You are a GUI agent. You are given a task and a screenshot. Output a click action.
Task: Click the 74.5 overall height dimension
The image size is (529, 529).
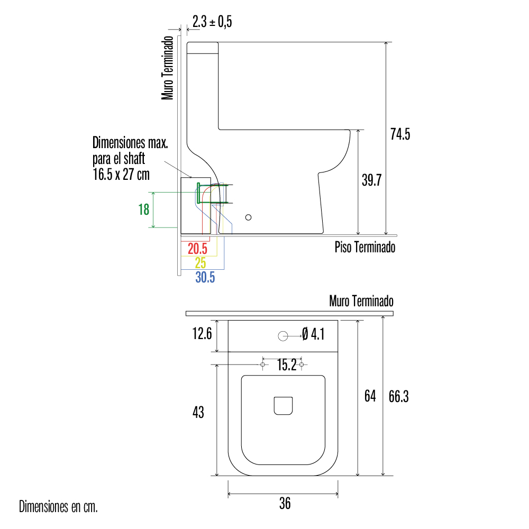tap(400, 134)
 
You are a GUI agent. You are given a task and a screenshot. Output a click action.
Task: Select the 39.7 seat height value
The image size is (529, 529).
tap(371, 180)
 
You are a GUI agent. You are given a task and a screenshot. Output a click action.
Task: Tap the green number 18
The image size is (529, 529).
tap(144, 209)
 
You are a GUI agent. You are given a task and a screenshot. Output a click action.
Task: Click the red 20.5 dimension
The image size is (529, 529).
tap(197, 249)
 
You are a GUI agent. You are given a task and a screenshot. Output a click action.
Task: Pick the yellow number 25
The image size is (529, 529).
tap(200, 262)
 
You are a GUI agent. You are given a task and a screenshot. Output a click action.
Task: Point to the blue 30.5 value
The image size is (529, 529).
tap(205, 277)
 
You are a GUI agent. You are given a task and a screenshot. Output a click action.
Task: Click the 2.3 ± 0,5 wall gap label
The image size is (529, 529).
tap(212, 22)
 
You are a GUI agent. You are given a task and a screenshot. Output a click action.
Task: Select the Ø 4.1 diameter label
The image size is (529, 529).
tap(313, 334)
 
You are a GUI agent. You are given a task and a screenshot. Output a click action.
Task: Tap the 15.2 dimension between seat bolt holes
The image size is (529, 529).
tap(287, 364)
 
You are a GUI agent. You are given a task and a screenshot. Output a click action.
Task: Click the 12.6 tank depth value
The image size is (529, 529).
tap(202, 334)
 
